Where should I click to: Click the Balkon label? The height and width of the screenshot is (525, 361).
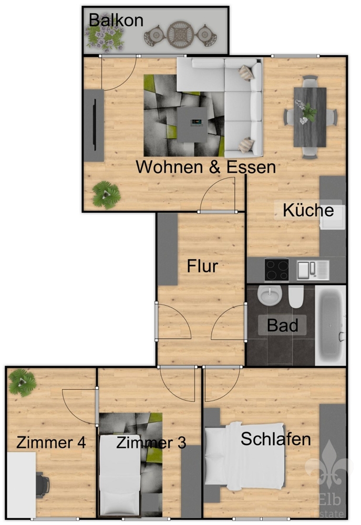[x=116, y=20]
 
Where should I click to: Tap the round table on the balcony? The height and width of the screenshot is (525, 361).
[x=180, y=35]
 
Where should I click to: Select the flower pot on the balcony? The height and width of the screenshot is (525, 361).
[x=105, y=36]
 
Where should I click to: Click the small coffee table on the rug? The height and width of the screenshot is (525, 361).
[x=192, y=124]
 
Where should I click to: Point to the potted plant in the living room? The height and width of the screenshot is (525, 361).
[x=106, y=195]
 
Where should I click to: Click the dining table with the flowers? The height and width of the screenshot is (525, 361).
[x=310, y=117]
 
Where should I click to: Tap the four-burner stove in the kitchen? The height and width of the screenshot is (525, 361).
[x=276, y=270]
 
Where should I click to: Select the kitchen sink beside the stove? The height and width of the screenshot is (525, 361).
[x=313, y=270]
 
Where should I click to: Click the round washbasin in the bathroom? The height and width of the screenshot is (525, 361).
[x=270, y=295]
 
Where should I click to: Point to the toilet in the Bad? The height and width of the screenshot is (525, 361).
[x=296, y=297]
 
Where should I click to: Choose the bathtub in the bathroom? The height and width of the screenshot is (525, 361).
[x=331, y=325]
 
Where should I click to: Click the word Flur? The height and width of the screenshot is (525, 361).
[x=202, y=266]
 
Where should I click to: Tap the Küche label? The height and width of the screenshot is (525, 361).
[x=308, y=211]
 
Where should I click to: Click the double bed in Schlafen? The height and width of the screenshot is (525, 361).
[x=245, y=455]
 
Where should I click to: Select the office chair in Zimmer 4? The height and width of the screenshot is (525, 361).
[x=42, y=484]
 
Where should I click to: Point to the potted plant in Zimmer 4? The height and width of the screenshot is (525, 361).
[x=23, y=382]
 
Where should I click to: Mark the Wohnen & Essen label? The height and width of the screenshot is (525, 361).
[x=206, y=167]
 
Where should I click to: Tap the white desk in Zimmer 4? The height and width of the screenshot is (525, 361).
[x=22, y=485]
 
